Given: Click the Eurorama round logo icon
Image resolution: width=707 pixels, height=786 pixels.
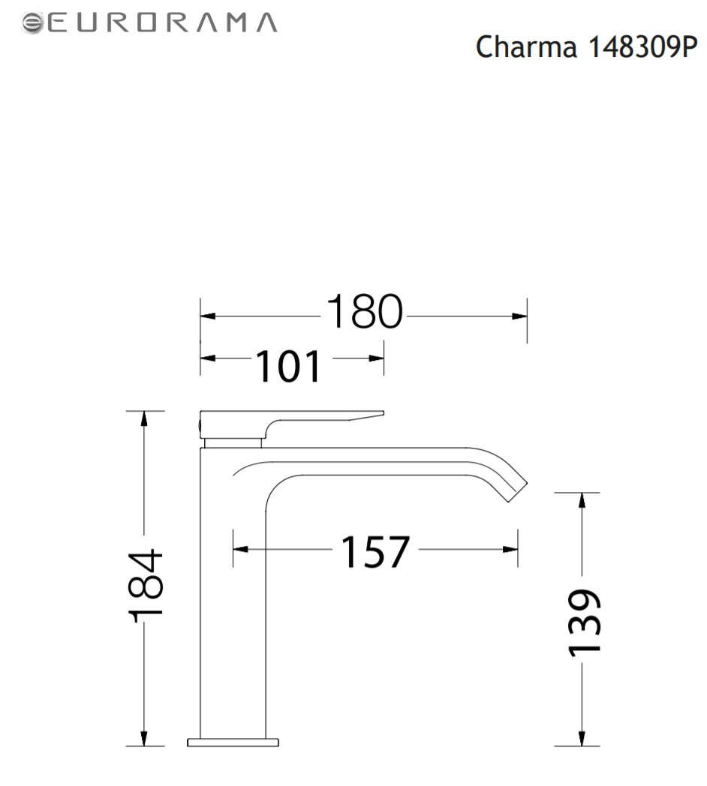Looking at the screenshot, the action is pos(32,23).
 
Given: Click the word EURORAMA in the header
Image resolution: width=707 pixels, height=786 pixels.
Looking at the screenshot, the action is pos(162,22).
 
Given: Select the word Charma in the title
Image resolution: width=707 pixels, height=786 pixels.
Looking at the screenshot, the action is pos(526,47).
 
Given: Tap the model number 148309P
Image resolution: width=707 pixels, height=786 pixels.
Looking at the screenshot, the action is pos(642,47).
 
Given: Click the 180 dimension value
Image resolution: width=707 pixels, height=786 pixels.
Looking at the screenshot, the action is pos(364,311).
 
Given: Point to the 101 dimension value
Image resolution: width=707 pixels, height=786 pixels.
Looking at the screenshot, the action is pos(288,366).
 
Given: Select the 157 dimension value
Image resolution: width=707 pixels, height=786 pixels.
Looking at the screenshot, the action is pos(375,551).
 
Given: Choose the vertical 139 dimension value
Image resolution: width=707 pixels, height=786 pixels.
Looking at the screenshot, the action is pos(584,622).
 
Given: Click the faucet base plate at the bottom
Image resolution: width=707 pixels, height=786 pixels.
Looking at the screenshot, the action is pos(233,742).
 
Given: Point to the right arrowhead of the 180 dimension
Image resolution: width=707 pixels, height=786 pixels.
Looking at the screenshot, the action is pos(519,316).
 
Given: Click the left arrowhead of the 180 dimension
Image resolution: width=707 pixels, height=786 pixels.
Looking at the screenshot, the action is pos(208,316).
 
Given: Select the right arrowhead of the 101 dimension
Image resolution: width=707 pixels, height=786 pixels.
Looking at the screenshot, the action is pos(376,358).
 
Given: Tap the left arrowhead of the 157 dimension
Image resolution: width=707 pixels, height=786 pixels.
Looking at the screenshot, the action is pos(240,549).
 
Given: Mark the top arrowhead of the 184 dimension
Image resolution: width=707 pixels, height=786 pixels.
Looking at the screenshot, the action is pos(144,418).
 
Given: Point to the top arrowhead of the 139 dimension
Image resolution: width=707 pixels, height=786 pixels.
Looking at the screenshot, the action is pos(582,500).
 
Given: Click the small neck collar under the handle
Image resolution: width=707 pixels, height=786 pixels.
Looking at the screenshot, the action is pos(233,443).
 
